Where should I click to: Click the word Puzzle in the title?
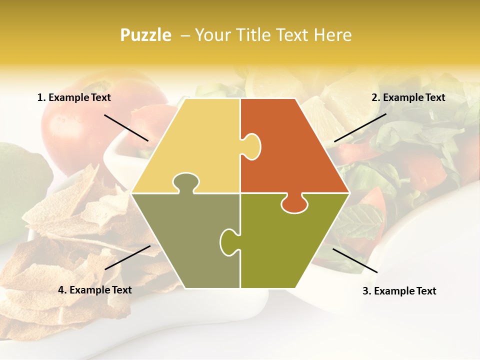pyautogui.click(x=145, y=35)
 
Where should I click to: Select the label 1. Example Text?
pyautogui.click(x=74, y=98)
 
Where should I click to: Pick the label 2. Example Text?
pyautogui.click(x=408, y=98)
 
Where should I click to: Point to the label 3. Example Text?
pyautogui.click(x=399, y=291)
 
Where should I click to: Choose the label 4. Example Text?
pyautogui.click(x=95, y=290)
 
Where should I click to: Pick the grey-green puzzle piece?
pyautogui.click(x=185, y=240)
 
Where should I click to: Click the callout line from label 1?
pyautogui.click(x=126, y=127)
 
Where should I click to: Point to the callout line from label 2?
pyautogui.click(x=360, y=127)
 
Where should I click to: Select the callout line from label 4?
pyautogui.click(x=127, y=257)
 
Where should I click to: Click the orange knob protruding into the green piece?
pyautogui.click(x=294, y=202)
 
